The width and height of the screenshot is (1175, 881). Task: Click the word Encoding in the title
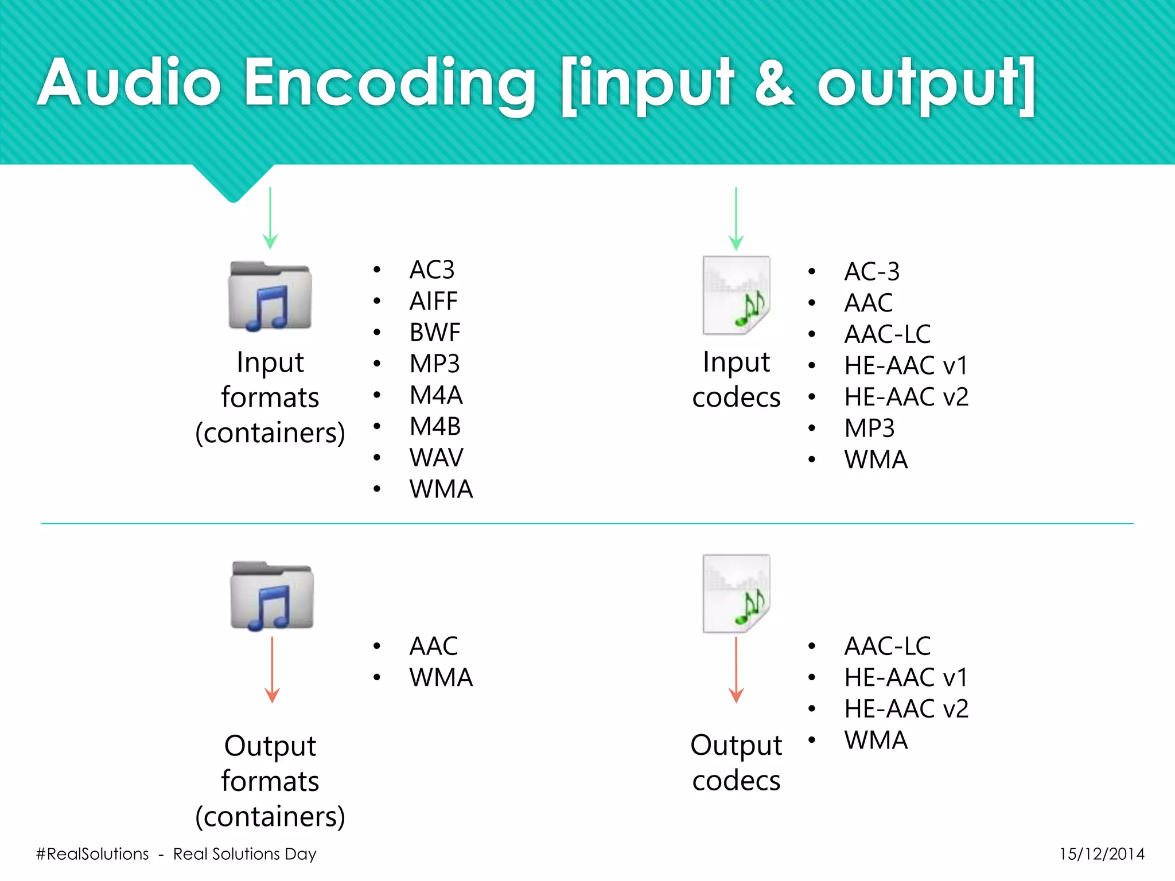click(x=390, y=84)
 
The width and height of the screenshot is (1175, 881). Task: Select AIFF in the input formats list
click(x=433, y=301)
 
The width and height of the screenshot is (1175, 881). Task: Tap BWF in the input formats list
click(x=434, y=333)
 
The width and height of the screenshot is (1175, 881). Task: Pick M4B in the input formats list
click(x=435, y=427)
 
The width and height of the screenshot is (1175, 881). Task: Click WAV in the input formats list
click(x=436, y=458)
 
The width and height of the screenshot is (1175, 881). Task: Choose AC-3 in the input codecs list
click(x=871, y=272)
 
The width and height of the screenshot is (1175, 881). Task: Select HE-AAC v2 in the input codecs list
click(x=906, y=397)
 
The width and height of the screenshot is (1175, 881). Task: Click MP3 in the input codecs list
click(x=869, y=428)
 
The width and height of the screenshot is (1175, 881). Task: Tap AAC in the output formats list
click(x=433, y=646)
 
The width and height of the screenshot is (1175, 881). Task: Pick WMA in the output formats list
click(x=441, y=678)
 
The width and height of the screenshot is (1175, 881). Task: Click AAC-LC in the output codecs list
click(x=887, y=646)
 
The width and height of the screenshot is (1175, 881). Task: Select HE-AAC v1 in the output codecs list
click(x=906, y=678)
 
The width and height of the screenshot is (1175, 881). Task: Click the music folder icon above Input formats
click(x=270, y=296)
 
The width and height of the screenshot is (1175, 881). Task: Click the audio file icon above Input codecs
click(x=736, y=295)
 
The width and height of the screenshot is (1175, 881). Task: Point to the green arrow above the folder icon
click(x=270, y=218)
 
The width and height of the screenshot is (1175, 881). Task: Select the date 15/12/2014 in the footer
click(x=1102, y=854)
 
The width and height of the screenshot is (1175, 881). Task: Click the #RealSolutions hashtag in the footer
click(x=92, y=854)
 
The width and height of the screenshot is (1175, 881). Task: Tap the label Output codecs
click(x=736, y=763)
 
